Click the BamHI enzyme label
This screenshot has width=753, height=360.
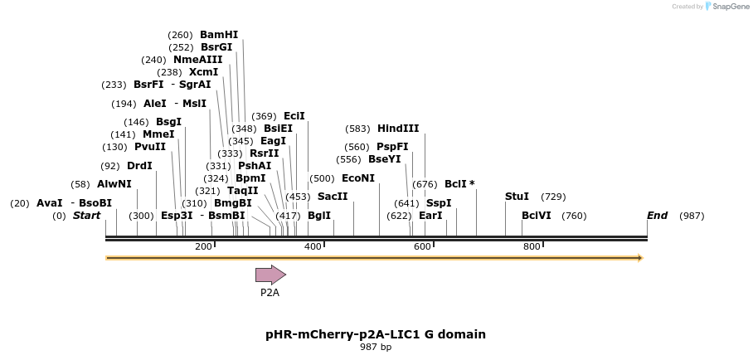point(219,35)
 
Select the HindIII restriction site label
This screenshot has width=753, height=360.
point(398,129)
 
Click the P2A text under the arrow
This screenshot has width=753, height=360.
point(270,292)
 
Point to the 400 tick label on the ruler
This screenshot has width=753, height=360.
point(313,246)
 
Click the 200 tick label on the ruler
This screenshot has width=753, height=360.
point(203,246)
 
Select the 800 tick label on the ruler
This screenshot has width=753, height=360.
point(532,246)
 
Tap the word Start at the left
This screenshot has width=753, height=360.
point(86,216)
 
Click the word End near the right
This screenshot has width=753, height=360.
point(657,216)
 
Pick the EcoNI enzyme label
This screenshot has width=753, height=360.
point(358,178)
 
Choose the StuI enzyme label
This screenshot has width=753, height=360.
point(517,197)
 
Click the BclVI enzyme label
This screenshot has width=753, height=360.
point(537,216)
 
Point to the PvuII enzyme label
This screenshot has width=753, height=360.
point(150,147)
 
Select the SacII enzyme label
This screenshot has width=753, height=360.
point(333,197)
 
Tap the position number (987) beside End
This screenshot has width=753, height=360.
point(692,216)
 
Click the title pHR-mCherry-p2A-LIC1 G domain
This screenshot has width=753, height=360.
point(376,334)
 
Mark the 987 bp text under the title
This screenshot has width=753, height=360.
point(376,347)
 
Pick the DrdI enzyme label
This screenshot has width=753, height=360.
point(139,165)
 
